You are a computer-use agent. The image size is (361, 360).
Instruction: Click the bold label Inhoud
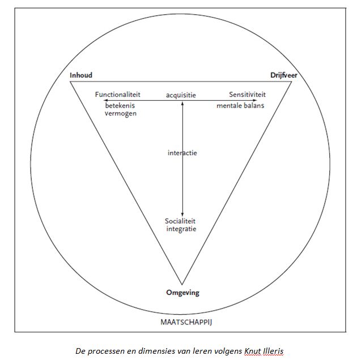coord(81,75)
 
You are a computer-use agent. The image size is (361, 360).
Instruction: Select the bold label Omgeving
coord(182,293)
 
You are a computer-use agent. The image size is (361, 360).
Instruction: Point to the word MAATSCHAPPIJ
coord(182,322)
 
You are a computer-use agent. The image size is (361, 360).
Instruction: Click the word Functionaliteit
coord(117,95)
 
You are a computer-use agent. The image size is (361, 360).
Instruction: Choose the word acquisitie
coord(181,95)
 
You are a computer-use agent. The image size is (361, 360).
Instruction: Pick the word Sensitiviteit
coord(247,95)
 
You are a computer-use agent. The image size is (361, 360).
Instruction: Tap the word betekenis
coord(119,106)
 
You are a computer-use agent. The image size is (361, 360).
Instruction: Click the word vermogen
coord(121,114)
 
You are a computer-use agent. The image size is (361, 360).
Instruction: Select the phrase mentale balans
coord(240,106)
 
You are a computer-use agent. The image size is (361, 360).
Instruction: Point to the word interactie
coord(182,153)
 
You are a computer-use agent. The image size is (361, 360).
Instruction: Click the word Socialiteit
coord(181,220)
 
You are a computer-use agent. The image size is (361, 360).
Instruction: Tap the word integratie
coord(181,229)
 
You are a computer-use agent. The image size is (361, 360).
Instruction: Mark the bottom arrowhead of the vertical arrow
coord(182,213)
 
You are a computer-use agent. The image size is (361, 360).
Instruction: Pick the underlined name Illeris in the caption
coord(274,351)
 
